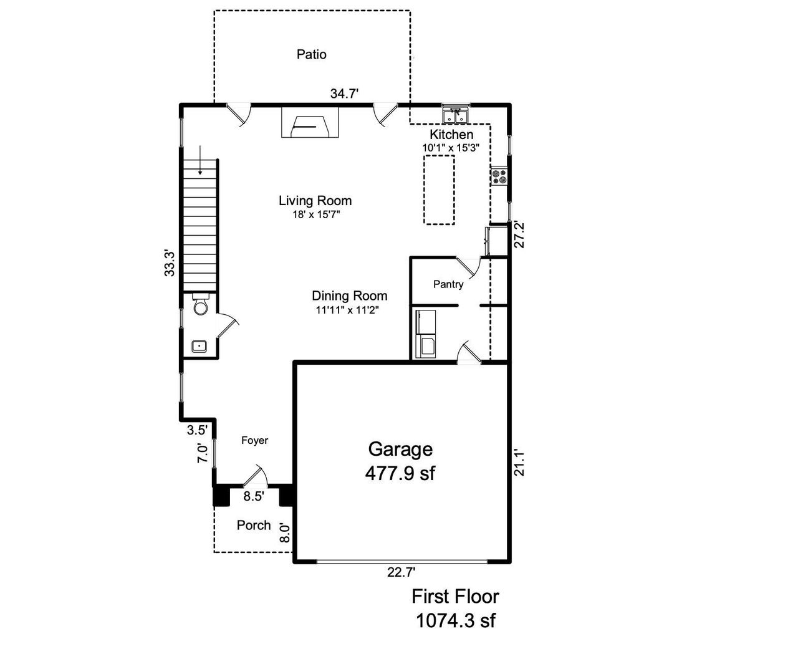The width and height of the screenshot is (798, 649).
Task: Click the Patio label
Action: pos(311,54)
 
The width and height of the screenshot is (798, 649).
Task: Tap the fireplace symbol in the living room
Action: pos(310,123)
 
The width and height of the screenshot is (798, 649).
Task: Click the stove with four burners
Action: pos(499,176)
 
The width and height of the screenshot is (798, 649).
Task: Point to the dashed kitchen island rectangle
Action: pos(439,190)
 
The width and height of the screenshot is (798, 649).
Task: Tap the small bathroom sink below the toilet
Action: pos(199,346)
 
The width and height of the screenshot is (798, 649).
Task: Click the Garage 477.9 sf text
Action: pos(400,461)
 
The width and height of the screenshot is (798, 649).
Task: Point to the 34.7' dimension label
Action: pos(344,94)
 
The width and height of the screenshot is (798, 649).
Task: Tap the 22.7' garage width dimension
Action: pos(401,572)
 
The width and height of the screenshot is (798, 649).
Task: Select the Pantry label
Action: pos(448,284)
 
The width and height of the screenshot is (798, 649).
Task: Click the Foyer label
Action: pos(254,440)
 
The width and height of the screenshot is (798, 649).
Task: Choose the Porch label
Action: pos(254,525)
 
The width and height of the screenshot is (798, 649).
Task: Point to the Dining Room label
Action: pos(349,296)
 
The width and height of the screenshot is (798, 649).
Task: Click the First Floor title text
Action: pos(455,596)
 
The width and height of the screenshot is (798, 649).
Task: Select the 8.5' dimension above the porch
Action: pos(253,496)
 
